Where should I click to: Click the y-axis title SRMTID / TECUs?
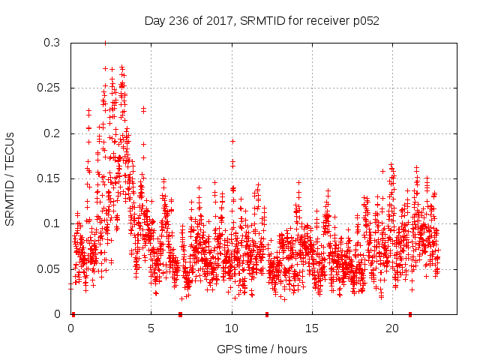(10, 178)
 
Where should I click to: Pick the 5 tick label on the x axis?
(151, 328)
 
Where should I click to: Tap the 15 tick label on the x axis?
(311, 328)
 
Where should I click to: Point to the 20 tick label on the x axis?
(391, 328)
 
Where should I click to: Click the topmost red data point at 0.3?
(105, 43)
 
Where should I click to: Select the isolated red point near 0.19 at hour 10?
(232, 141)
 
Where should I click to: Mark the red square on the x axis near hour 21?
(410, 314)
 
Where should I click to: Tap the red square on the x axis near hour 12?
(267, 314)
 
